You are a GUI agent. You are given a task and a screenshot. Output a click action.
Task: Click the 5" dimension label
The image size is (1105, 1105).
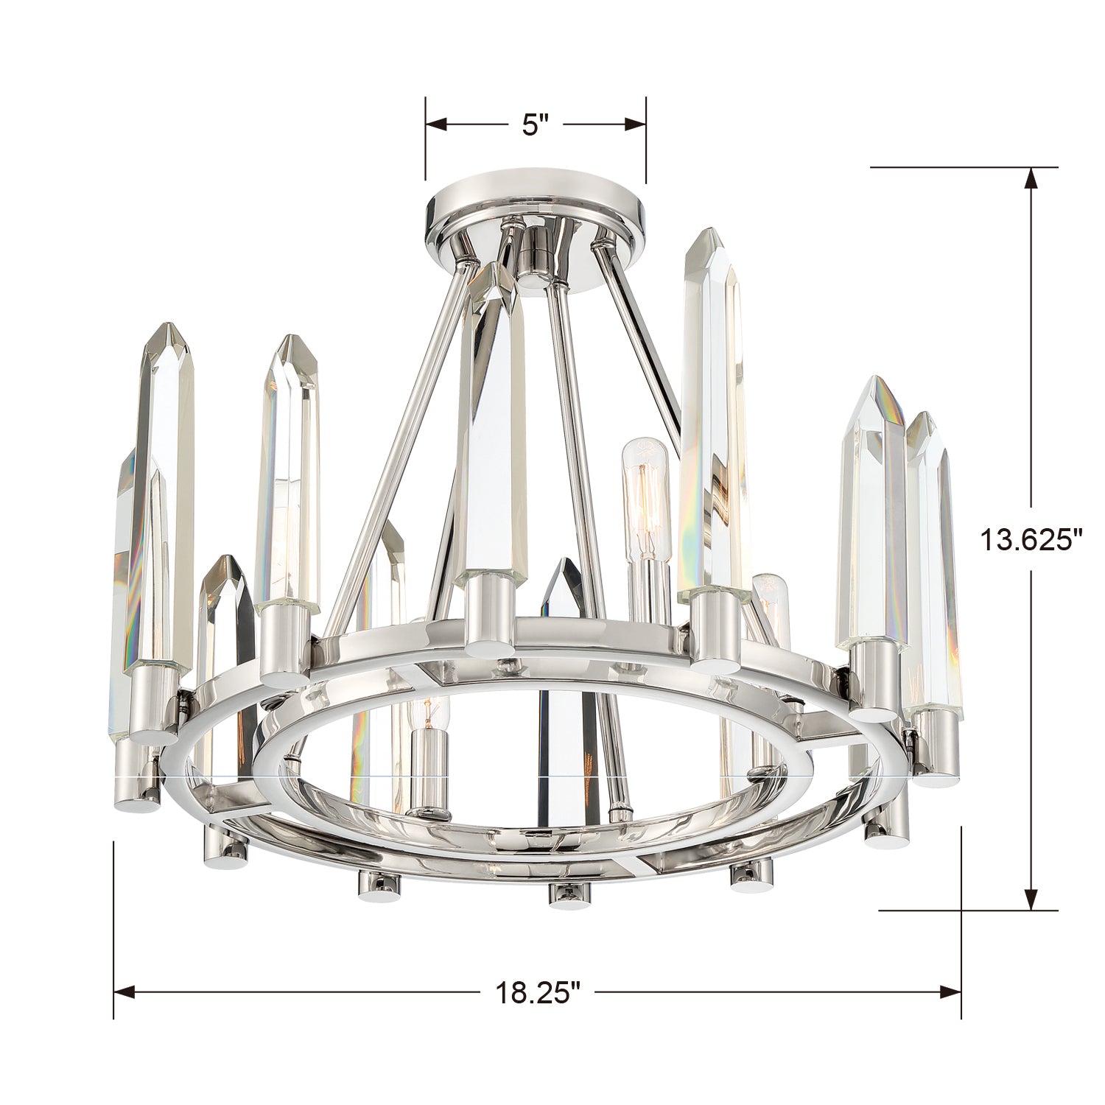pyautogui.click(x=536, y=124)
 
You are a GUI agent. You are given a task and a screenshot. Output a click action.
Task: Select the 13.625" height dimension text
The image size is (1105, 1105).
pyautogui.click(x=1031, y=539)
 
